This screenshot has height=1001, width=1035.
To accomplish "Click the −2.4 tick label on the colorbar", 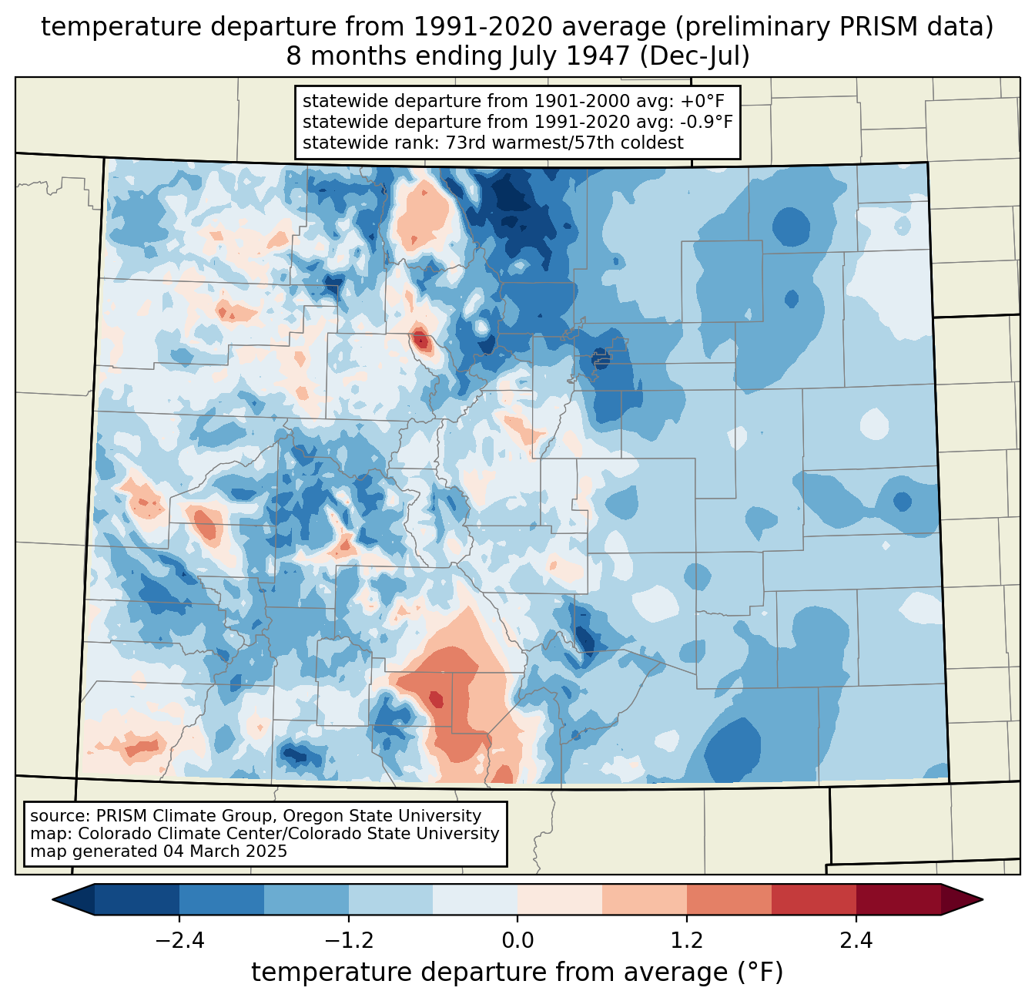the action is coord(179,940).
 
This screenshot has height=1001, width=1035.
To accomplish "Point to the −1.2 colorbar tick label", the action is coord(349,940).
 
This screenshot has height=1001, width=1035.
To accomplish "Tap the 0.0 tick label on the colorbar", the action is coord(517,940).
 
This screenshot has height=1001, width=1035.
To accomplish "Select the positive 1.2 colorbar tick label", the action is coord(687,940).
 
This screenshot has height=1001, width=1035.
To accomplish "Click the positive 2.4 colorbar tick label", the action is coord(856,940).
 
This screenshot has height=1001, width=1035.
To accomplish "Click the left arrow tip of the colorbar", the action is coord(52,900).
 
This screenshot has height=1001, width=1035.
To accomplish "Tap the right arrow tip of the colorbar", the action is coord(983,900).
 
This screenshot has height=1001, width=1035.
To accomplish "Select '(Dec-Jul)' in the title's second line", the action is coord(694,56).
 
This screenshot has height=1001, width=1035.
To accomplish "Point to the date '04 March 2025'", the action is coord(226,851).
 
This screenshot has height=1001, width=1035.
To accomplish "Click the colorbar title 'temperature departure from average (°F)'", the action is coord(517,972).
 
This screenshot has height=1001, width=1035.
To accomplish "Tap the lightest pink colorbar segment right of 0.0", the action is coord(560,900).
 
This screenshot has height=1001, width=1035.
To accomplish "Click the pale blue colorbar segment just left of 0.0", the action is coord(475,900).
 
